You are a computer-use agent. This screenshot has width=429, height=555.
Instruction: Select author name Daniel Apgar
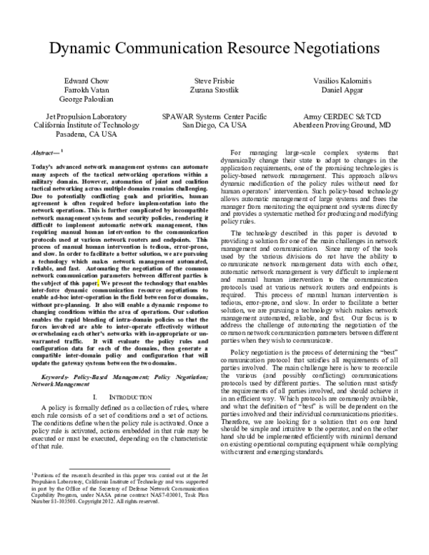coord(345,92)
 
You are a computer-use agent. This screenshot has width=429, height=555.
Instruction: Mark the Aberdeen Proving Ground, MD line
coord(345,124)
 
